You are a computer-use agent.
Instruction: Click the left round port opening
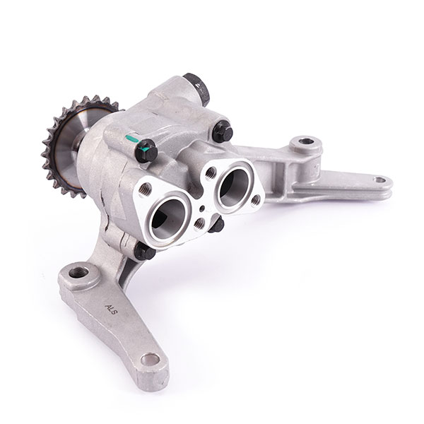tap(168, 211)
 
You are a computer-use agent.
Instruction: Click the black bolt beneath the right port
tap(216, 226)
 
